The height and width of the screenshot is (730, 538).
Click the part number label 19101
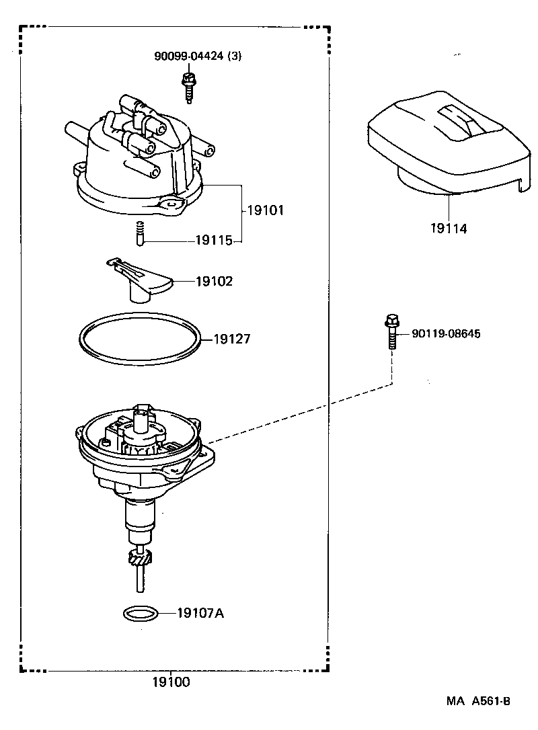[x=266, y=210]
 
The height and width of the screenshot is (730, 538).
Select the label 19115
[x=213, y=240]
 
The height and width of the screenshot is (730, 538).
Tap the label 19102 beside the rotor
[x=214, y=282]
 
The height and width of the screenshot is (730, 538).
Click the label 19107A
[x=200, y=612]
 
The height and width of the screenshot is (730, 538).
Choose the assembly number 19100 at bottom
[x=170, y=683]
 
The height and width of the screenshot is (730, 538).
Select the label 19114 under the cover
[x=449, y=229]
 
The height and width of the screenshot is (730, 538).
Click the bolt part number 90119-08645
[x=446, y=333]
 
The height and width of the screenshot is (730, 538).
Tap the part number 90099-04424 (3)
[x=197, y=56]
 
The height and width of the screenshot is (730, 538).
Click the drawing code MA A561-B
[x=478, y=701]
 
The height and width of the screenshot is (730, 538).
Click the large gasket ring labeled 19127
[x=139, y=337]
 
